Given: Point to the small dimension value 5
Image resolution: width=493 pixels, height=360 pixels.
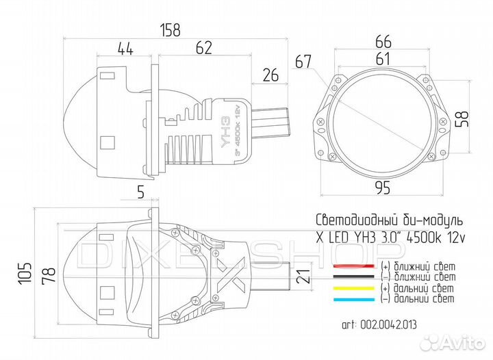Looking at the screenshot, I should tap(140, 193).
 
